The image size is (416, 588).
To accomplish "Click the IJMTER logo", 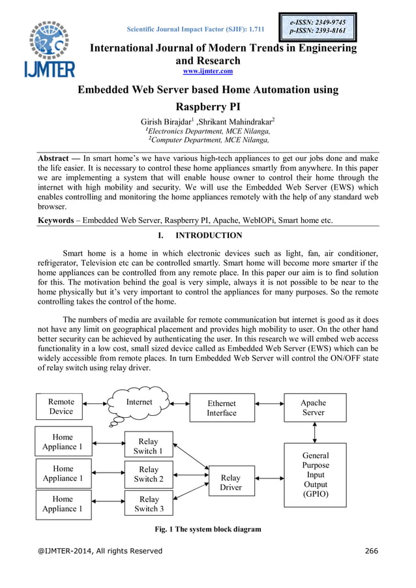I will pos(51,49).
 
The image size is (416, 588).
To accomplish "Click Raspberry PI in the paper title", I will pos(209,106).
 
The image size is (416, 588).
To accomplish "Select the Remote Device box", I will pos(61,407).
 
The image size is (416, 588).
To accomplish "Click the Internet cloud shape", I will pos(139,404).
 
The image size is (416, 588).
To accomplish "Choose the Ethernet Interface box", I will pos(222,408).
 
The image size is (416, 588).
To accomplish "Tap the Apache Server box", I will pos(314,407).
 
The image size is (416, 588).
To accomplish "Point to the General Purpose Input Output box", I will pos(316,475).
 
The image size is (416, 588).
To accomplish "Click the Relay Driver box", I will pos(231,482).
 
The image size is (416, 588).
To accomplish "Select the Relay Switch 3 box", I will pos(149,504).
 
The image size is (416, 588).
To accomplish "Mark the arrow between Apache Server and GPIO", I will pos(316,432).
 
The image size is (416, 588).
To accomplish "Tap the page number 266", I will pos(371,551).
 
